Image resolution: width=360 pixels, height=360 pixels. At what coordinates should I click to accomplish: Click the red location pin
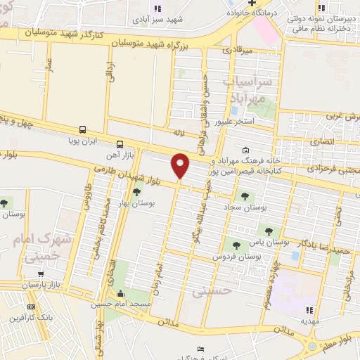click(181, 165)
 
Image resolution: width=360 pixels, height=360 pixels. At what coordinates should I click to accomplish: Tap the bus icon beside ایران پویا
click(83, 129)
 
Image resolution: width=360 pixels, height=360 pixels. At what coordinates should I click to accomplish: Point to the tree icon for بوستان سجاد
click(245, 196)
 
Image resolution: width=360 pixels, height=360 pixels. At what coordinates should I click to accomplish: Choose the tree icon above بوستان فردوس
click(236, 245)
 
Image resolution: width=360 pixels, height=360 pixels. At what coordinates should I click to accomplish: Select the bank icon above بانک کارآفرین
click(30, 307)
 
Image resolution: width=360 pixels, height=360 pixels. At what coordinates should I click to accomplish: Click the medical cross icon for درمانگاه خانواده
click(233, 4)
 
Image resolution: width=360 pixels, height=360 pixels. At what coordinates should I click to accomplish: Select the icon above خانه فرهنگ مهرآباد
click(245, 150)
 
